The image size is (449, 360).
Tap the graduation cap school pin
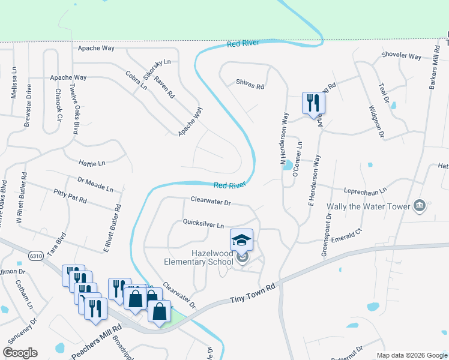242,241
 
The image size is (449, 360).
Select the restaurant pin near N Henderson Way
313,104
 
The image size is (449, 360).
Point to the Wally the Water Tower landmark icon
420,206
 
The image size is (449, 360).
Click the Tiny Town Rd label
254,292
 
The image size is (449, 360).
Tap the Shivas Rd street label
250,86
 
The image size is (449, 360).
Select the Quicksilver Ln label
203,224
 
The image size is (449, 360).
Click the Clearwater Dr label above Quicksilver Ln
211,202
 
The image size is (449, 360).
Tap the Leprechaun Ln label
365,190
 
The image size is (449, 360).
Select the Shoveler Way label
402,56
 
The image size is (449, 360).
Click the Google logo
20,353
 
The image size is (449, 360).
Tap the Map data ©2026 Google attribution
411,355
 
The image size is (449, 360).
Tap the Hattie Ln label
92,163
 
